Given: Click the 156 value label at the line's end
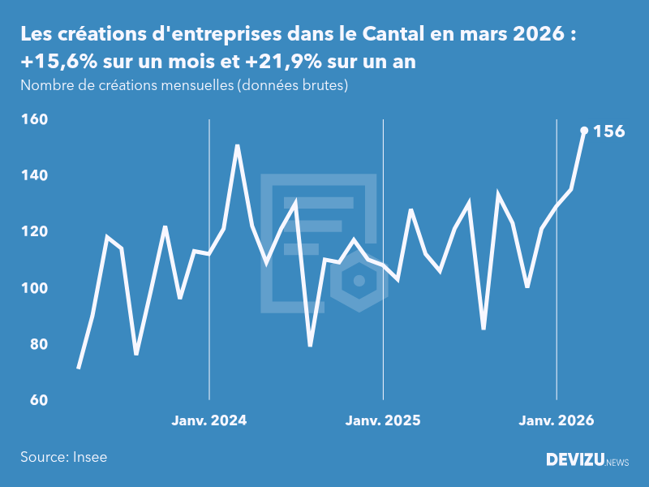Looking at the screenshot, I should (609, 131).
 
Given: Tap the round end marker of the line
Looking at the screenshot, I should (584, 130).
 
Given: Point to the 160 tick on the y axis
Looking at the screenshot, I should (36, 119).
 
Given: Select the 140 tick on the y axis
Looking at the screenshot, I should (36, 175).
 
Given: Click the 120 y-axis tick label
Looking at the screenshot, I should (36, 231).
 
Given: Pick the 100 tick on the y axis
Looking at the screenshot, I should (36, 288).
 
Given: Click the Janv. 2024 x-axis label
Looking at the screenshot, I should (209, 420).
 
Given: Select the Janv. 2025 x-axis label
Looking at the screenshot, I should (383, 420).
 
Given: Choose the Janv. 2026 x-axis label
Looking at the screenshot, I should (557, 420).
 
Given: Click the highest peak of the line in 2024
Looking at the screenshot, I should (238, 145).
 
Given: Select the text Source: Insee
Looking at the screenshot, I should (64, 457).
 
